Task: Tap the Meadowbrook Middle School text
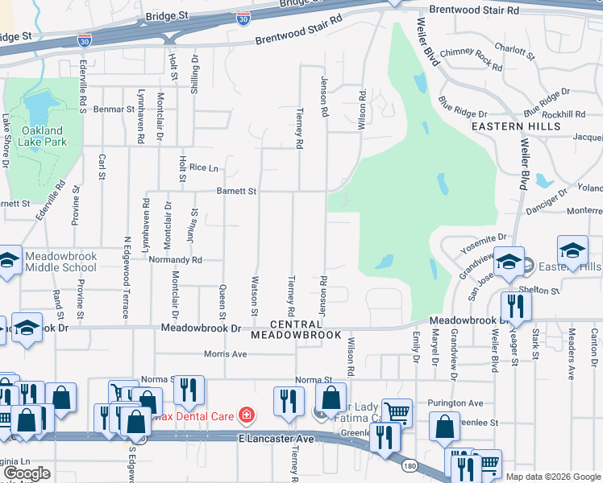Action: [x=60, y=262]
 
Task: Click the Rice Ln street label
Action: [x=204, y=167]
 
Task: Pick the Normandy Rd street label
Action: [x=175, y=260]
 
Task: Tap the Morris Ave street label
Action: [x=225, y=353]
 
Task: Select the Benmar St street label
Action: [x=114, y=108]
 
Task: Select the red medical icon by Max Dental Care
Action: [x=246, y=416]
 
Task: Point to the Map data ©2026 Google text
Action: [x=552, y=477]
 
